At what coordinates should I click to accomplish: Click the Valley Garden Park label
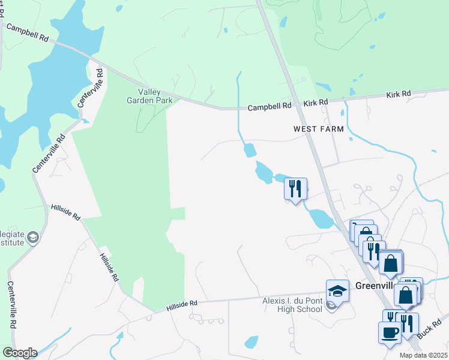tap(155, 96)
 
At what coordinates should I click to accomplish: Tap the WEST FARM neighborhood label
tap(318, 129)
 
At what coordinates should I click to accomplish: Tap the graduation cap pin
tap(337, 292)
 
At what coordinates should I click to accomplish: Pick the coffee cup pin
tap(389, 332)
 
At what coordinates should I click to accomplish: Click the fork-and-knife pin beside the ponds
tap(295, 189)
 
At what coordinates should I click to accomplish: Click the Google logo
tap(19, 353)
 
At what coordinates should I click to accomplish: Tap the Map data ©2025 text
tap(423, 355)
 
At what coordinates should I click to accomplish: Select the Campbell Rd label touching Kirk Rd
tap(270, 106)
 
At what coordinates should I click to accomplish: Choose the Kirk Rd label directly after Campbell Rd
tap(316, 103)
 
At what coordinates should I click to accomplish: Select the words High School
tap(302, 309)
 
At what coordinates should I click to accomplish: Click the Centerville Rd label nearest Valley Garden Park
tap(91, 88)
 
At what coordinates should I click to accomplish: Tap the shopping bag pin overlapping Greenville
tap(406, 295)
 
